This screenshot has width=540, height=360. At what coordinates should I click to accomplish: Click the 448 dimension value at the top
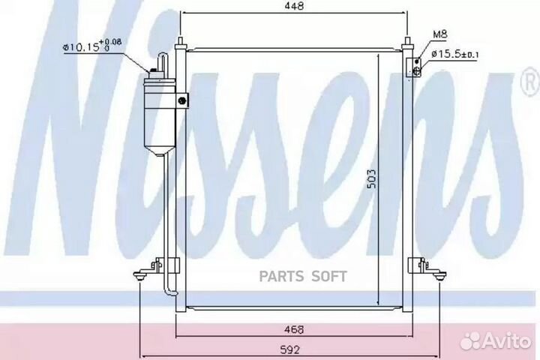295,6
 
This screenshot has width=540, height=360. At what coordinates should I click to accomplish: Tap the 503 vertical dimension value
371,178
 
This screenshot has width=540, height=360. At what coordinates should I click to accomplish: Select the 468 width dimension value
295,329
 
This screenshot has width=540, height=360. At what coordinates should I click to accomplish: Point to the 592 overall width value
290,350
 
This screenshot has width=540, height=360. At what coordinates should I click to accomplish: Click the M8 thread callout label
439,34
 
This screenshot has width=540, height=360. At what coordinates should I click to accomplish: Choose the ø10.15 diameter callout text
92,46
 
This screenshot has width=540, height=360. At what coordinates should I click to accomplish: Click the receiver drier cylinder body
160,115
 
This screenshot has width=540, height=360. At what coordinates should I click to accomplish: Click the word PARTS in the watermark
281,276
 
